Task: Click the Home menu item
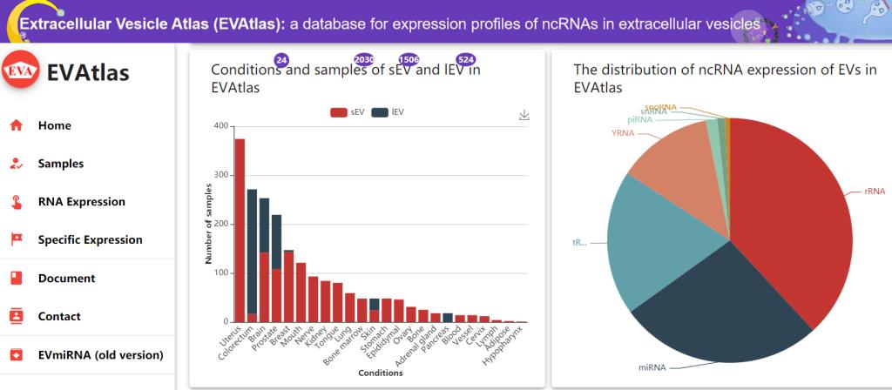pos(54,125)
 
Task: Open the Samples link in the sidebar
pos(61,164)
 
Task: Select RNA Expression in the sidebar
pos(81,202)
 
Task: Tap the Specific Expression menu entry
pos(90,240)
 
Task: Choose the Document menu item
pos(66,279)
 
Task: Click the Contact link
pos(59,317)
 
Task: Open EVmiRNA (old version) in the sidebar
pos(100,355)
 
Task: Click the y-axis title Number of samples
pos(209,224)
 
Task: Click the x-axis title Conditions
pos(381,373)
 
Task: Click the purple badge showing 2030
pos(363,59)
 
